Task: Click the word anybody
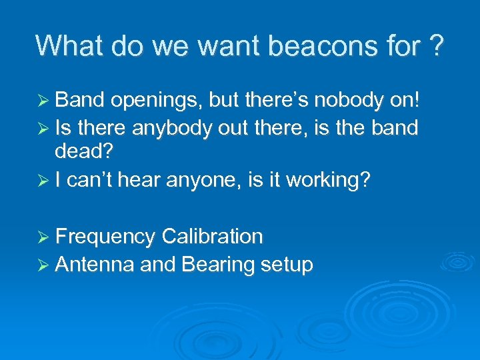point(175,128)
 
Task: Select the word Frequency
point(106,237)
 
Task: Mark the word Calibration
point(212,237)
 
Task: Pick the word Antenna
point(95,265)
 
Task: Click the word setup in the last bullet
point(287,265)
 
